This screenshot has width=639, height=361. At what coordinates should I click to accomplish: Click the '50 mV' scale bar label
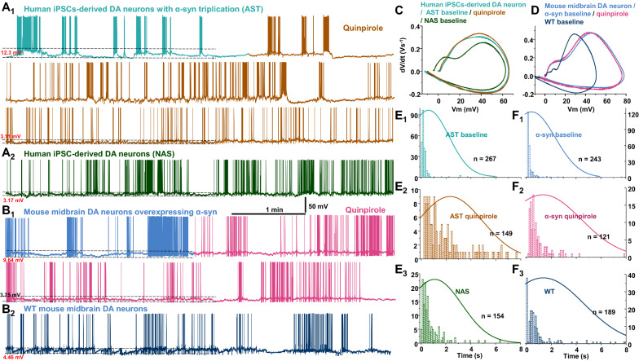[320, 207]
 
